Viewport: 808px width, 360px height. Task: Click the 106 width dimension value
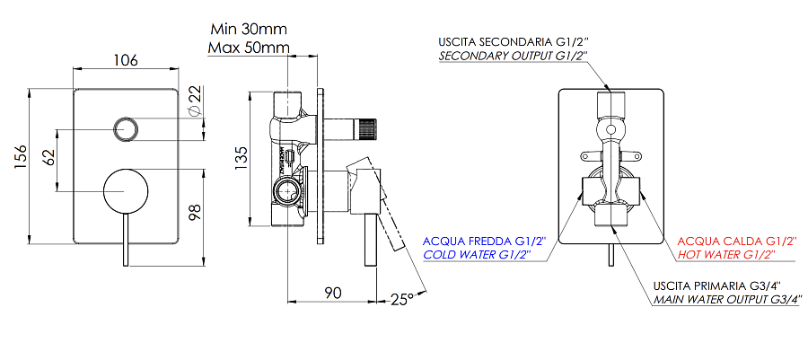click(x=127, y=60)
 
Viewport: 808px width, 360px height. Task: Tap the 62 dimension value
click(x=50, y=159)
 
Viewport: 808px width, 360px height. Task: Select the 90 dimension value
click(x=333, y=293)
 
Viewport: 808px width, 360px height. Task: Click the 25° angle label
click(x=400, y=298)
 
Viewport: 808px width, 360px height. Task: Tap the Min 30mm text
click(x=249, y=29)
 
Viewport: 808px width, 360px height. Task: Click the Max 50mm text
click(x=249, y=47)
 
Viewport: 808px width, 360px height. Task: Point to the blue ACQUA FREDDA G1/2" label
click(x=476, y=241)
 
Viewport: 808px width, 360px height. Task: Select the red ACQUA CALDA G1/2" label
click(x=738, y=241)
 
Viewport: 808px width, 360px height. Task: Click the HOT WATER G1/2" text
click(x=738, y=255)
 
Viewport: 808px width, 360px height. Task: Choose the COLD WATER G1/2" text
click(x=476, y=255)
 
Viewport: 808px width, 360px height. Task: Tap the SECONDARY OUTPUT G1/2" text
click(x=513, y=56)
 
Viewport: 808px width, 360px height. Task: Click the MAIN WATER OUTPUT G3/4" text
click(x=726, y=300)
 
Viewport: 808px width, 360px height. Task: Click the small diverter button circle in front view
click(x=127, y=127)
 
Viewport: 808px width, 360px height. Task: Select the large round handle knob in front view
click(x=127, y=191)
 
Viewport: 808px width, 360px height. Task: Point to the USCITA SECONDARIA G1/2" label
click(x=513, y=41)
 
